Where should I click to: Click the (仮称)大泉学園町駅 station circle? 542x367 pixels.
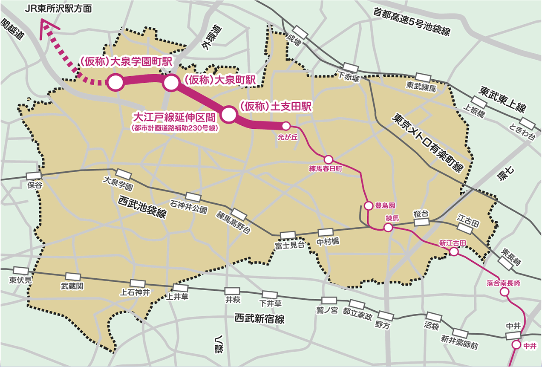[115, 82]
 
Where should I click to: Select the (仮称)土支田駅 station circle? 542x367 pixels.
[228, 114]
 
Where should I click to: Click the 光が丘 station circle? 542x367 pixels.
[286, 126]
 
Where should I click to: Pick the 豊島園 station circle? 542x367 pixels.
[369, 206]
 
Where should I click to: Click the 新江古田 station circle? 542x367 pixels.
[454, 252]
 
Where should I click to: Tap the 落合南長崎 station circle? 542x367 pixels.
[504, 292]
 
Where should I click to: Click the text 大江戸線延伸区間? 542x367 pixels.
[176, 117]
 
